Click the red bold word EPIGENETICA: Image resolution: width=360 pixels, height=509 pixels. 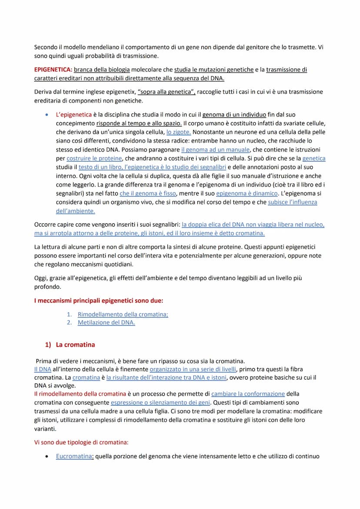tap(53, 70)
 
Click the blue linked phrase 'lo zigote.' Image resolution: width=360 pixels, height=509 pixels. tap(179, 132)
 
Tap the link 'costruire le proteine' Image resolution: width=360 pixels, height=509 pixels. tap(95, 158)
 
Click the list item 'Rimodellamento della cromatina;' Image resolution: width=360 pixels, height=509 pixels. tap(123, 314)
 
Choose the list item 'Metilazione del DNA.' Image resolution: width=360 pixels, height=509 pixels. tap(106, 323)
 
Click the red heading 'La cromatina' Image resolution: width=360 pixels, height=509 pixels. tap(75, 345)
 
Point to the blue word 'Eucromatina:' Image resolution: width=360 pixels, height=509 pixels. tap(75, 456)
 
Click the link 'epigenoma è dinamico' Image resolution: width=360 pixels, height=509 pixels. tap(247, 193)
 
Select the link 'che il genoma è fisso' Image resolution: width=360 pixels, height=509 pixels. tap(146, 193)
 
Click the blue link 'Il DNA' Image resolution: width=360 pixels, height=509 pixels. tap(43, 369)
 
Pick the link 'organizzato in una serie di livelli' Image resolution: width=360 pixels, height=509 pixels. tap(193, 369)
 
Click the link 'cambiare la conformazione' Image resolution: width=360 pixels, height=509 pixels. tap(248, 394)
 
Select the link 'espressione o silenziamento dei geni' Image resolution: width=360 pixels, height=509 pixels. tap(160, 403)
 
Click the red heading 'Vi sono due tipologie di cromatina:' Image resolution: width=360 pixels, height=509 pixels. tap(81, 442)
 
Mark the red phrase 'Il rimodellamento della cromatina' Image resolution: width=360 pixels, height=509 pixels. tap(80, 394)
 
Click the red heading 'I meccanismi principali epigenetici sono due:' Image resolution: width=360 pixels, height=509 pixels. tap(99, 300)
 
